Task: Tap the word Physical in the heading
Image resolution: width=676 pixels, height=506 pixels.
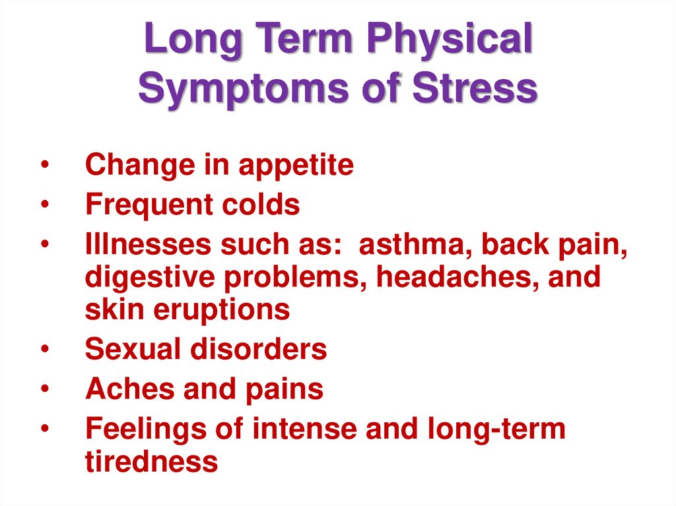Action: pos(449,41)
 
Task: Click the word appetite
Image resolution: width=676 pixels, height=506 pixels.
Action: pos(296,166)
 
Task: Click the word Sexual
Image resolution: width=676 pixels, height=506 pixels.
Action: pos(132,349)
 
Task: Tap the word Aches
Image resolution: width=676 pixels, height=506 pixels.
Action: pos(129,389)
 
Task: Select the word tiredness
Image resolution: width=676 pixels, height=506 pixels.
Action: pos(151,461)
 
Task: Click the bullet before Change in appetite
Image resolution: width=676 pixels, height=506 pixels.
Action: pos(44,166)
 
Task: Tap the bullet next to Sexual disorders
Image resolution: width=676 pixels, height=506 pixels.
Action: pos(44,350)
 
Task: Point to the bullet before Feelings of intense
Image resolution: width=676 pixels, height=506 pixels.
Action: pos(44,429)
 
